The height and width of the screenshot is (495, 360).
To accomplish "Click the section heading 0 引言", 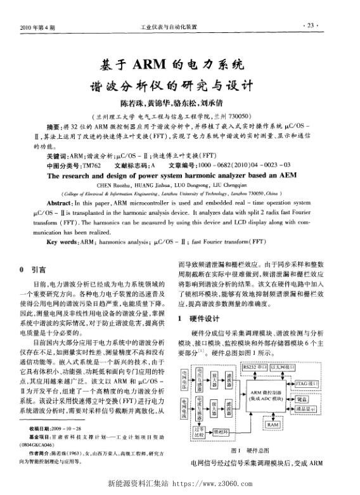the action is click(35, 268).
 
